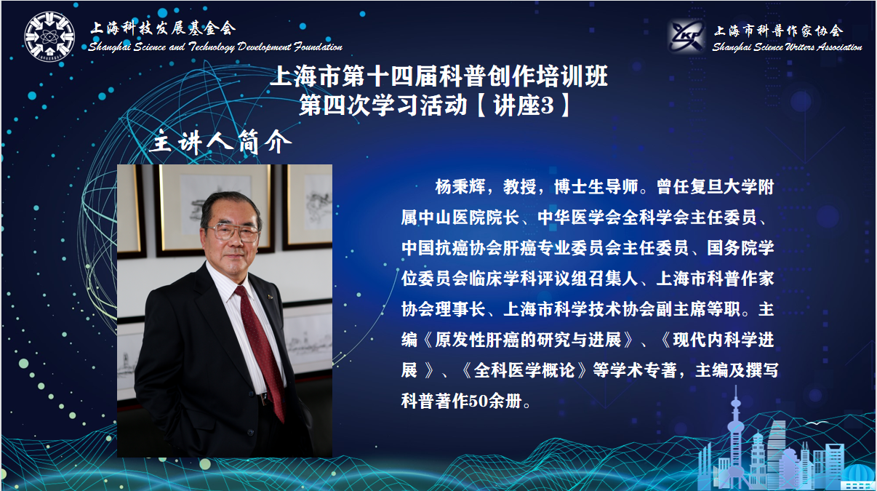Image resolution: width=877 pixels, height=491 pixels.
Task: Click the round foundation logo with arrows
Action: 49,36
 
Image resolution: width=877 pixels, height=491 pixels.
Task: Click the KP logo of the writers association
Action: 686,36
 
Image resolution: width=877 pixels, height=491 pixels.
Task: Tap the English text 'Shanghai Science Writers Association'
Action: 787,47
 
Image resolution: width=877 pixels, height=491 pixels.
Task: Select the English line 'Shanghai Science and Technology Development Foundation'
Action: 215,47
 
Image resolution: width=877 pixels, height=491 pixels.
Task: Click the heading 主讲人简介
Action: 220,141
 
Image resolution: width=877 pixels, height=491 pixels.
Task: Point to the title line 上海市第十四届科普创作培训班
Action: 438,76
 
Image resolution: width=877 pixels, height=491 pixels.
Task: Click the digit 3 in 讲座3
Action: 547,105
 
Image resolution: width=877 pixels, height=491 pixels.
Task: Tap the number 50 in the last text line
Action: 478,401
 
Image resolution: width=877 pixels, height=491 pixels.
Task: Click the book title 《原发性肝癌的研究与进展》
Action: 528,340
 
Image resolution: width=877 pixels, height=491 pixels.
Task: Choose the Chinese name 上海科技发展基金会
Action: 163,28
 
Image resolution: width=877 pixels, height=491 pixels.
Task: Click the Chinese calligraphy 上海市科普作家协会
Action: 778,30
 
